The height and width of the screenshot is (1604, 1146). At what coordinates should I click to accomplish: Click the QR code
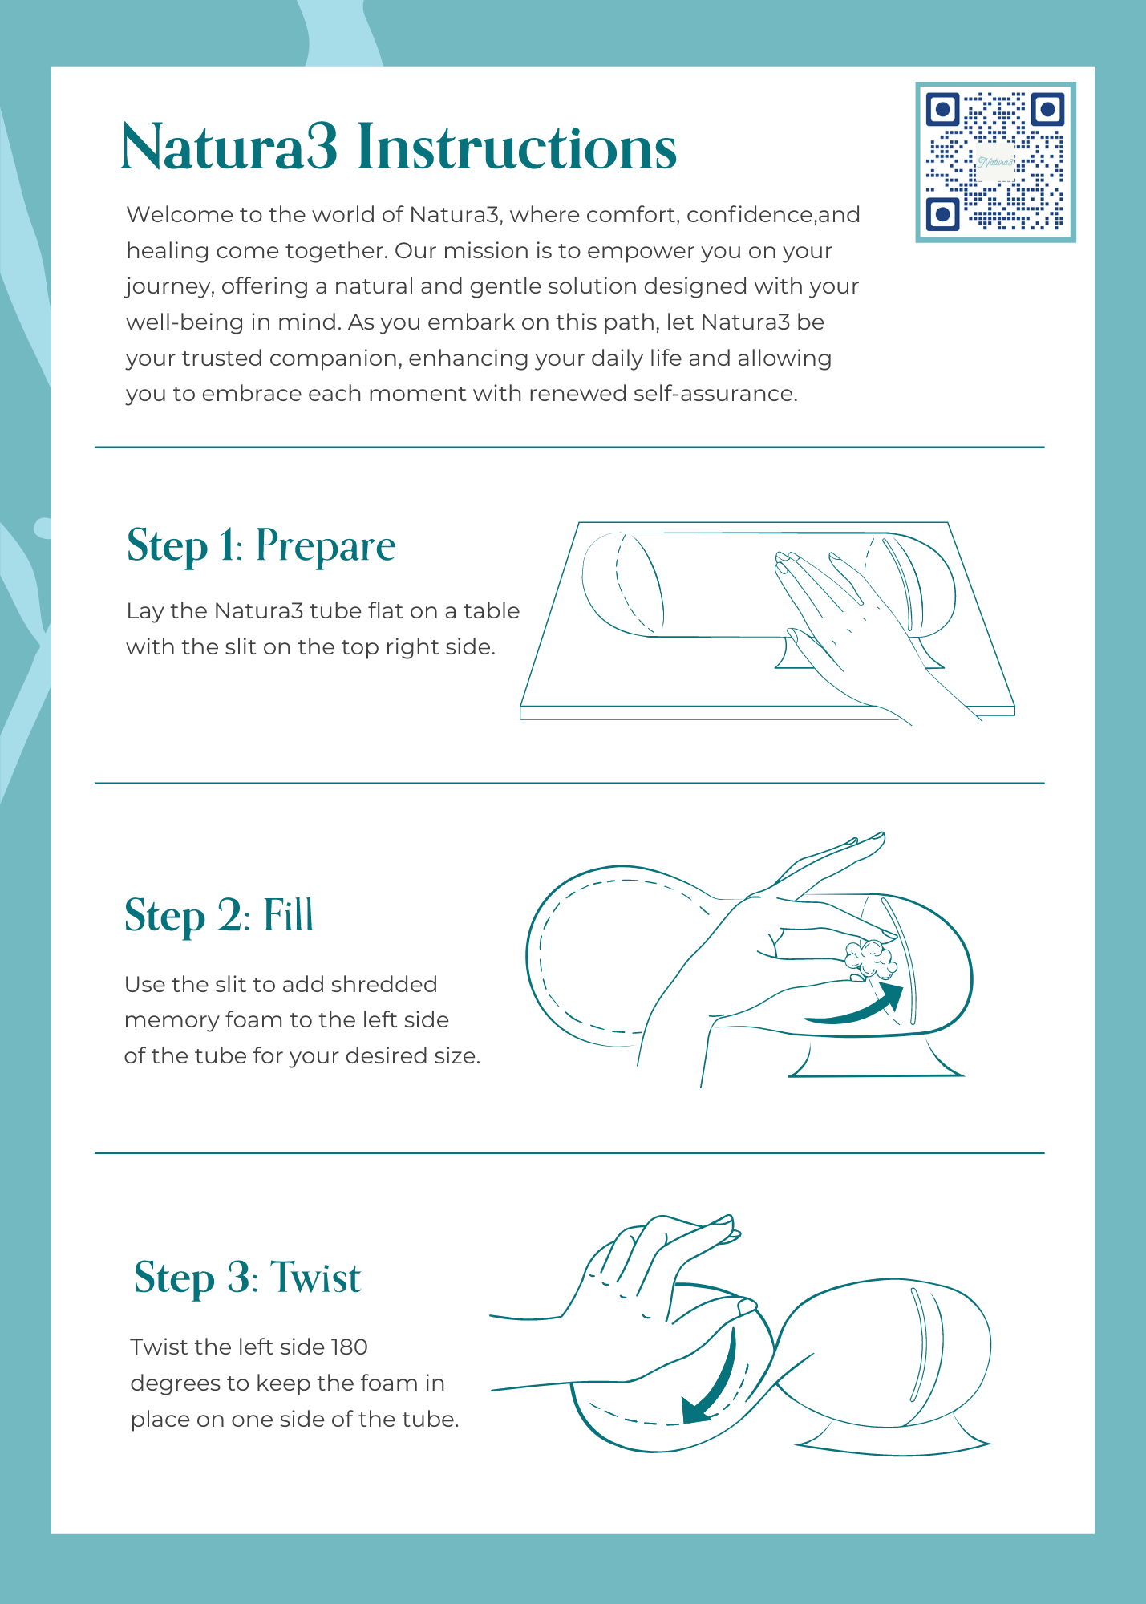click(995, 161)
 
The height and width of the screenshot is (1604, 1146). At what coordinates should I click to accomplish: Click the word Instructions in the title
click(516, 148)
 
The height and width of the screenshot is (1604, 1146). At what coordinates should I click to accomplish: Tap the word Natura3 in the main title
click(229, 148)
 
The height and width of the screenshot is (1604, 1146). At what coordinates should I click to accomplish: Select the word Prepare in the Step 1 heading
click(326, 547)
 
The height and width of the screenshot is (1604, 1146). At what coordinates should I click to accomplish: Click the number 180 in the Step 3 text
click(349, 1347)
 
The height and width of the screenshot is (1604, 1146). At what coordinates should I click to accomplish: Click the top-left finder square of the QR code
click(943, 108)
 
